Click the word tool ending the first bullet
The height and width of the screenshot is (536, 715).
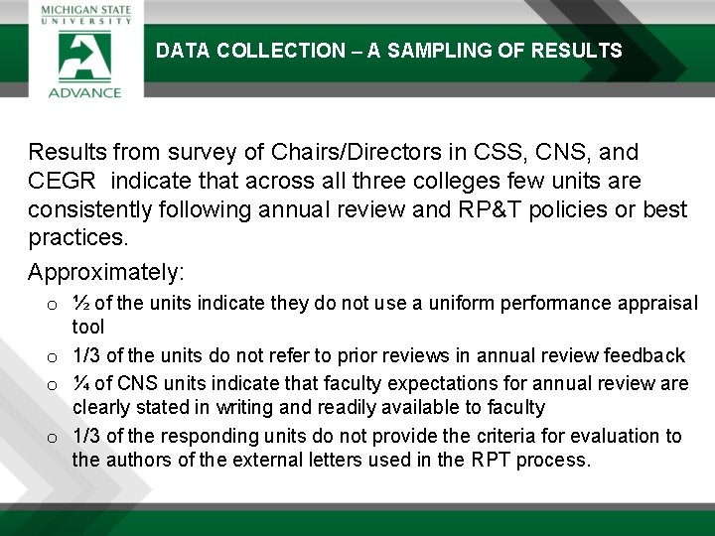point(87,327)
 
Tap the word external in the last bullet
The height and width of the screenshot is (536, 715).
point(288,460)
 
